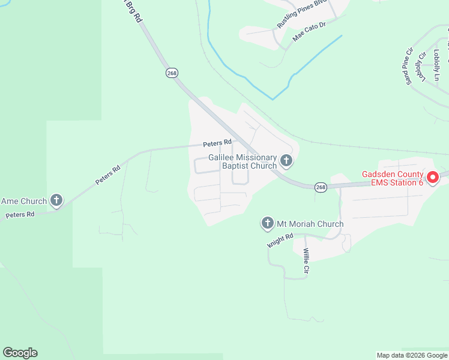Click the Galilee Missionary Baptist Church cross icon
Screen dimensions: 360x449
point(286,161)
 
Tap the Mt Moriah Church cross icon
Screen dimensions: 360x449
point(268,224)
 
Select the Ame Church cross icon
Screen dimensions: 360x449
point(56,200)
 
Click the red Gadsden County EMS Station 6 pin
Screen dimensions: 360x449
point(432,179)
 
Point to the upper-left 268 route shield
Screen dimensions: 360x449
point(172,73)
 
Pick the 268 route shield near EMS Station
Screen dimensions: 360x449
point(321,187)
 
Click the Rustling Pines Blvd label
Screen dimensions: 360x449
point(301,14)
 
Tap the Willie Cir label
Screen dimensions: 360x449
point(306,262)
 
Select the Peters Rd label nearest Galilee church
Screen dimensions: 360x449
point(217,143)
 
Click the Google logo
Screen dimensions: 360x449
point(20,353)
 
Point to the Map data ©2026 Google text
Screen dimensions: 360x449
point(411,355)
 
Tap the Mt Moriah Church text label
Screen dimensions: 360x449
point(310,224)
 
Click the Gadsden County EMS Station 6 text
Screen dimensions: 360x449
point(393,179)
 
